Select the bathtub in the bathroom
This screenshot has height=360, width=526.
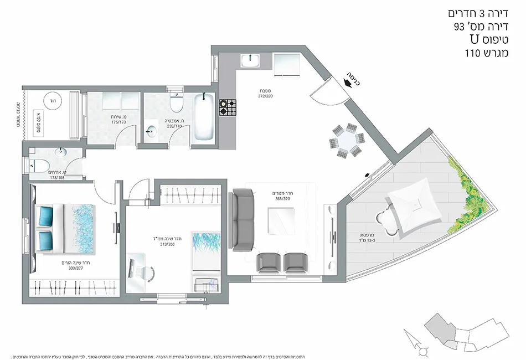(x=203, y=117)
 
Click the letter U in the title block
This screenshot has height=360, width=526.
(x=474, y=40)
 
